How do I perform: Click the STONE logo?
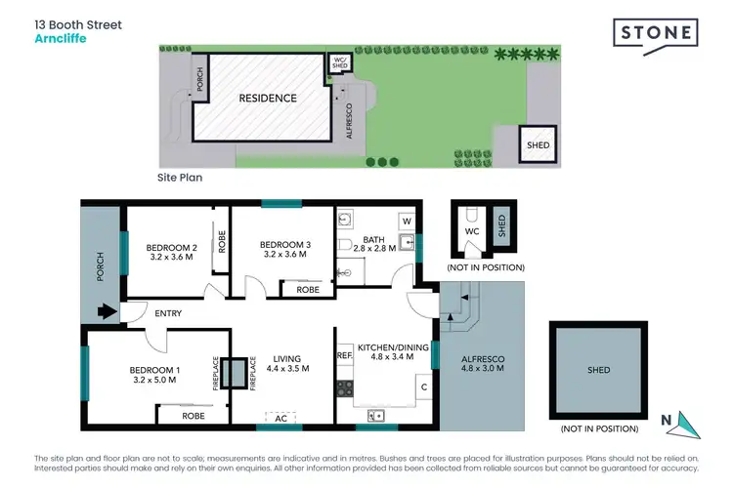pyautogui.click(x=657, y=33)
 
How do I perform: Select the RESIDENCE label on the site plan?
pyautogui.click(x=268, y=99)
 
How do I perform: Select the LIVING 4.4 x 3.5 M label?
pyautogui.click(x=287, y=364)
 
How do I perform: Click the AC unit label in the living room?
pyautogui.click(x=281, y=417)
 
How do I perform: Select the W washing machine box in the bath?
pyautogui.click(x=407, y=222)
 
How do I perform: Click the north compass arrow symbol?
pyautogui.click(x=688, y=422)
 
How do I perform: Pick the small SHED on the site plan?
pyautogui.click(x=538, y=144)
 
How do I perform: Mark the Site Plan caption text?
pyautogui.click(x=180, y=179)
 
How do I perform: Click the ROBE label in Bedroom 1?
pyautogui.click(x=193, y=415)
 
